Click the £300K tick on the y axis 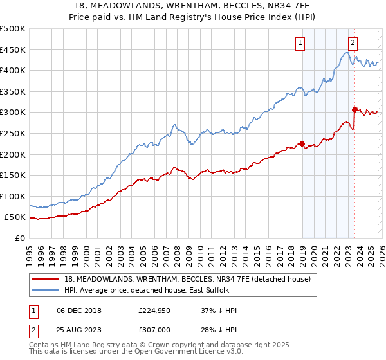point(13,113)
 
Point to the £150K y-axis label point(13,175)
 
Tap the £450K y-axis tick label point(13,50)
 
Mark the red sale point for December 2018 point(302,143)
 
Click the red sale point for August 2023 point(354,109)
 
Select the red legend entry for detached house point(187,279)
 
